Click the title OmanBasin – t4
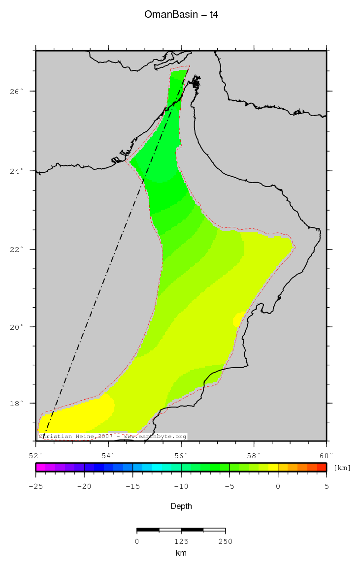click(181, 15)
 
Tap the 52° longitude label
click(36, 455)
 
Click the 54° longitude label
click(108, 455)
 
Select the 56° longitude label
click(181, 455)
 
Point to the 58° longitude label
click(254, 455)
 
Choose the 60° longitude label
click(327, 455)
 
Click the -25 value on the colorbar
click(36, 486)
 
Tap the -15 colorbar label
click(132, 486)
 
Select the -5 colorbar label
click(229, 486)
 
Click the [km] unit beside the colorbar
click(342, 468)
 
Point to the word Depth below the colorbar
click(181, 506)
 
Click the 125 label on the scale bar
click(181, 541)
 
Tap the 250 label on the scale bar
click(225, 541)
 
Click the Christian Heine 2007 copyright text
click(112, 437)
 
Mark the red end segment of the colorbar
click(322, 467)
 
